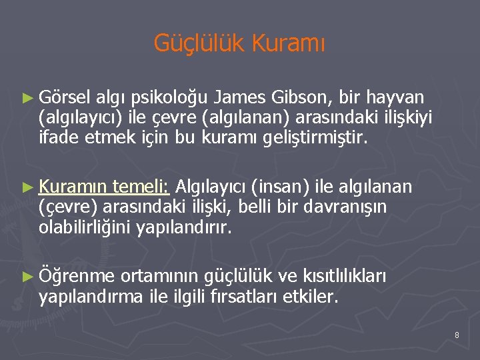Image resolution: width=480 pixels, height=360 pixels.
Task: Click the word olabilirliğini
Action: pos(85,229)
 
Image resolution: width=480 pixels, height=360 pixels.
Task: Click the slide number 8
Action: pos(457,335)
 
